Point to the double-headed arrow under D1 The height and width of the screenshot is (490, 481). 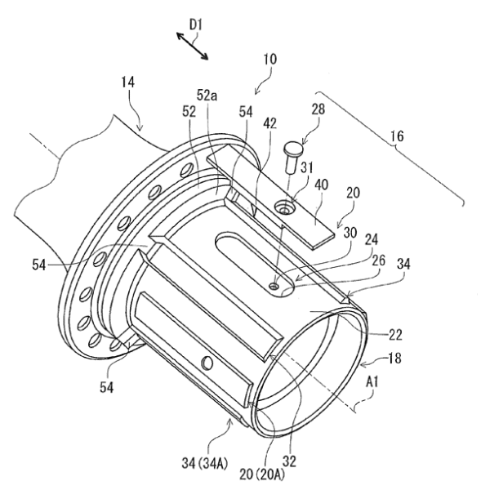pyautogui.click(x=193, y=44)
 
